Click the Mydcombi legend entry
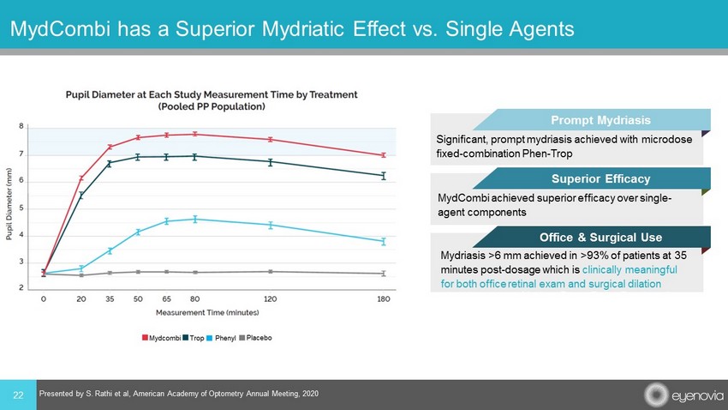162,339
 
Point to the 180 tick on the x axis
383,300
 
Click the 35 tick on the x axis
110,300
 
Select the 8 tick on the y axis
21,127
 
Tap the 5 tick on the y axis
21,208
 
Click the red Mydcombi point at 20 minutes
81,178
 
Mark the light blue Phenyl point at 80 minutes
195,219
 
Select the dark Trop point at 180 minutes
383,175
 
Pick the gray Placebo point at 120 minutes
270,272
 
